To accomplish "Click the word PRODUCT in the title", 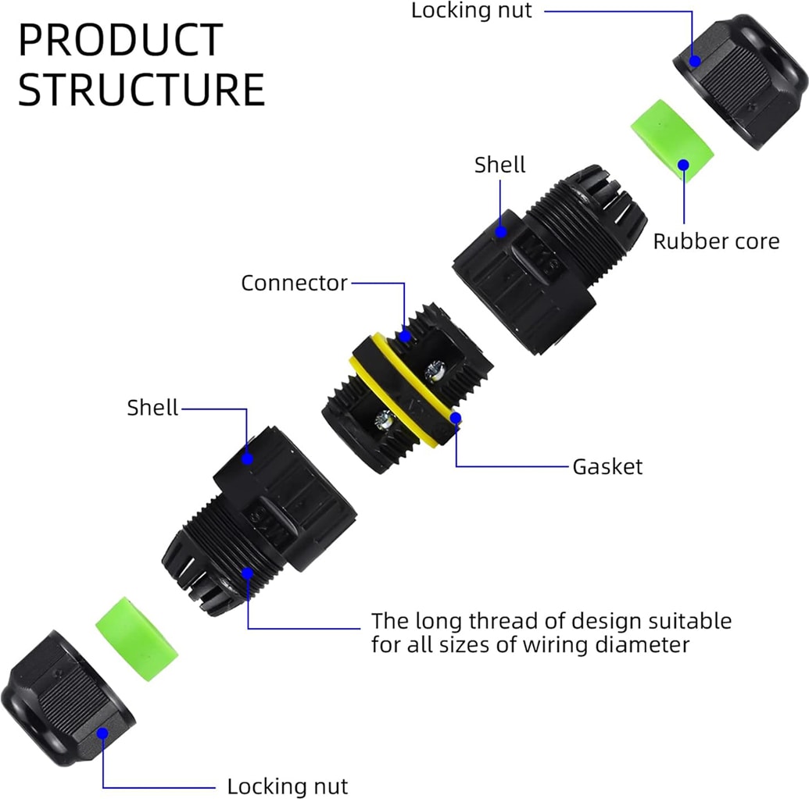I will [120, 41].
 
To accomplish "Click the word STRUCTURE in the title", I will [141, 90].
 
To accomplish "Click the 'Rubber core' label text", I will [716, 241].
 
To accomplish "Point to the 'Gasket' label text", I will [607, 467].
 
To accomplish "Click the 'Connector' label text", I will [294, 283].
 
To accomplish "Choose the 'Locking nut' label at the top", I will [471, 11].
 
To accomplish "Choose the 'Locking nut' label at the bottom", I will [288, 786].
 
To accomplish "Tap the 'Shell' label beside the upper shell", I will [500, 165].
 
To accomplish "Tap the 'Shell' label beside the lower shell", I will [153, 407].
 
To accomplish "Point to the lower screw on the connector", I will [383, 420].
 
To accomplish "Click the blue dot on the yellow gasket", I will [456, 423].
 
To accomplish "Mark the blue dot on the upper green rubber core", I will [683, 165].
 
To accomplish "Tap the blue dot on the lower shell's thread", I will [248, 572].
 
